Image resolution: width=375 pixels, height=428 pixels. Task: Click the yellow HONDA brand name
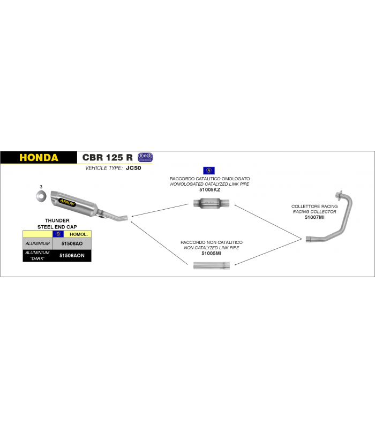tap(39, 158)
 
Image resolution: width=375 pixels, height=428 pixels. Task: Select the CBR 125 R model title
tap(108, 157)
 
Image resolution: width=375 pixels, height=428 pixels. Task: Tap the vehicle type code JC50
tap(133, 168)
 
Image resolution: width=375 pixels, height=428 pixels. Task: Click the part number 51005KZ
tap(209, 190)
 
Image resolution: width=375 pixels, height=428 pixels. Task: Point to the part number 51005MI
tap(211, 253)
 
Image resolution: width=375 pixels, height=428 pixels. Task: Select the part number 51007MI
tap(314, 217)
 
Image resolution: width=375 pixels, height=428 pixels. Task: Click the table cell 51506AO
tap(72, 243)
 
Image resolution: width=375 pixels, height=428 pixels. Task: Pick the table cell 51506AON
tap(72, 256)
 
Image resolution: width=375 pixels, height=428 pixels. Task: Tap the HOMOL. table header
tap(78, 234)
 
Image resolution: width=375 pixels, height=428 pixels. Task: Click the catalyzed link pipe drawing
tap(211, 203)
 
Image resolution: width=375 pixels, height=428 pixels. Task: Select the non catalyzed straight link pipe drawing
tap(211, 265)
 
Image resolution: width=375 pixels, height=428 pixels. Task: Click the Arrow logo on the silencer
tap(67, 203)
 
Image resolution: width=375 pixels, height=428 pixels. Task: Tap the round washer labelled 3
tap(41, 196)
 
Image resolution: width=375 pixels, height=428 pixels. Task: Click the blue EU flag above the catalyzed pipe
tap(209, 171)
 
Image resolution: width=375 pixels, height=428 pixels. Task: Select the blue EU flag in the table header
tap(58, 234)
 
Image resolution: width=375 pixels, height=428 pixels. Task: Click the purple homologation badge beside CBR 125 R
tap(145, 157)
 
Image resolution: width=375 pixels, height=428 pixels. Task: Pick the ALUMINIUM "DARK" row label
tap(37, 256)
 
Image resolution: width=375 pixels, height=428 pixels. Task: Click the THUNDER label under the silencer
tap(57, 220)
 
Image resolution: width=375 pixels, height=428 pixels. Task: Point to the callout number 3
tap(41, 187)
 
